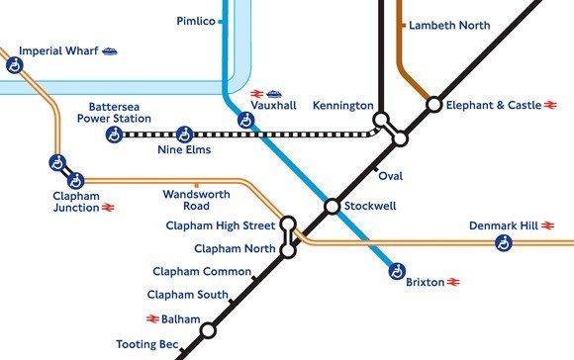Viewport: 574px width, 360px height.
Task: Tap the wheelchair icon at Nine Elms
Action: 183,134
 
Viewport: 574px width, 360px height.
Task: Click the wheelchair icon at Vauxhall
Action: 245,121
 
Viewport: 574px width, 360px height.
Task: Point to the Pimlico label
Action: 196,21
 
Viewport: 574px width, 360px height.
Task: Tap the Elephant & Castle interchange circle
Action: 433,103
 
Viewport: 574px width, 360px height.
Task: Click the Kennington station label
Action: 342,105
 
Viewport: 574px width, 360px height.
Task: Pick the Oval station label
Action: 390,176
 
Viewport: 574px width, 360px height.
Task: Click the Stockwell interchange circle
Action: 333,206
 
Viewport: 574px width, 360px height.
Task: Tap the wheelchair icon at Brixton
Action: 397,269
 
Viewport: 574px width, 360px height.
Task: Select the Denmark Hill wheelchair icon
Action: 504,242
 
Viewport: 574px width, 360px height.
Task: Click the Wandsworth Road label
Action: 196,201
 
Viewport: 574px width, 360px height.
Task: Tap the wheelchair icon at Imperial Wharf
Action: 14,65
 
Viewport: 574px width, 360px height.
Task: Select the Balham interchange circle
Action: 207,330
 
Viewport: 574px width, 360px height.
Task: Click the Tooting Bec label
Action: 147,344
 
